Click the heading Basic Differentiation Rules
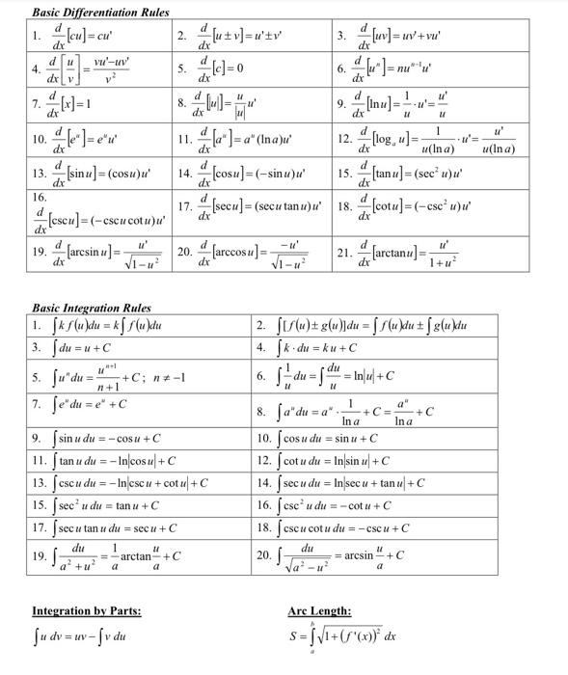pyautogui.click(x=100, y=13)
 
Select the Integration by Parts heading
pyautogui.click(x=87, y=610)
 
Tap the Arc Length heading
pyautogui.click(x=319, y=610)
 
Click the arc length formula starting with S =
pyautogui.click(x=342, y=636)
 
